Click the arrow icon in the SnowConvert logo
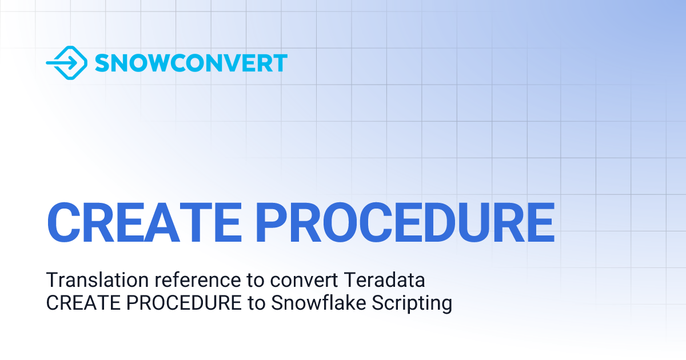(66, 63)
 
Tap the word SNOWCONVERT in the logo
(191, 63)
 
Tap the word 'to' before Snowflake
(256, 303)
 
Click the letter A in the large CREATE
(159, 222)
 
